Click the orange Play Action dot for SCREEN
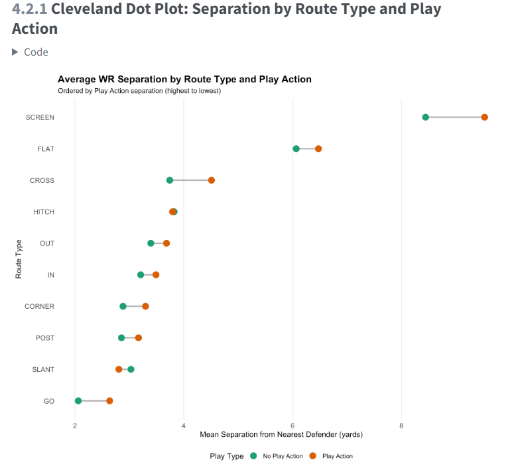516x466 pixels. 484,117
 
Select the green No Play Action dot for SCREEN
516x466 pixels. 425,117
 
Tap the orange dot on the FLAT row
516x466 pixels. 318,148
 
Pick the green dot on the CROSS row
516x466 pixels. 170,180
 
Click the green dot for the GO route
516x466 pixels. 78,401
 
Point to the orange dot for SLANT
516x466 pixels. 119,369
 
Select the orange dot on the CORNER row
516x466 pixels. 145,306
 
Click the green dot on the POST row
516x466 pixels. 121,338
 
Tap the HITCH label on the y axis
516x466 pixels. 44,212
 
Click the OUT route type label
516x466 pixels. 47,243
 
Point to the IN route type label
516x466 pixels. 50,275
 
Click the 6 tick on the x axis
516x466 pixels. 292,426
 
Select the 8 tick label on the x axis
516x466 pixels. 401,426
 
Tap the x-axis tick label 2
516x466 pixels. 74,426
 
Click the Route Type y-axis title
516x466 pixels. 19,259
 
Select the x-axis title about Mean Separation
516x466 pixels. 281,435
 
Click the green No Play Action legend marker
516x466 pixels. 255,456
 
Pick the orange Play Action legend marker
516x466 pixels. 313,456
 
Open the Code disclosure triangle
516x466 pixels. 15,52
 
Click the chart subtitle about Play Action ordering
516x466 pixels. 139,91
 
